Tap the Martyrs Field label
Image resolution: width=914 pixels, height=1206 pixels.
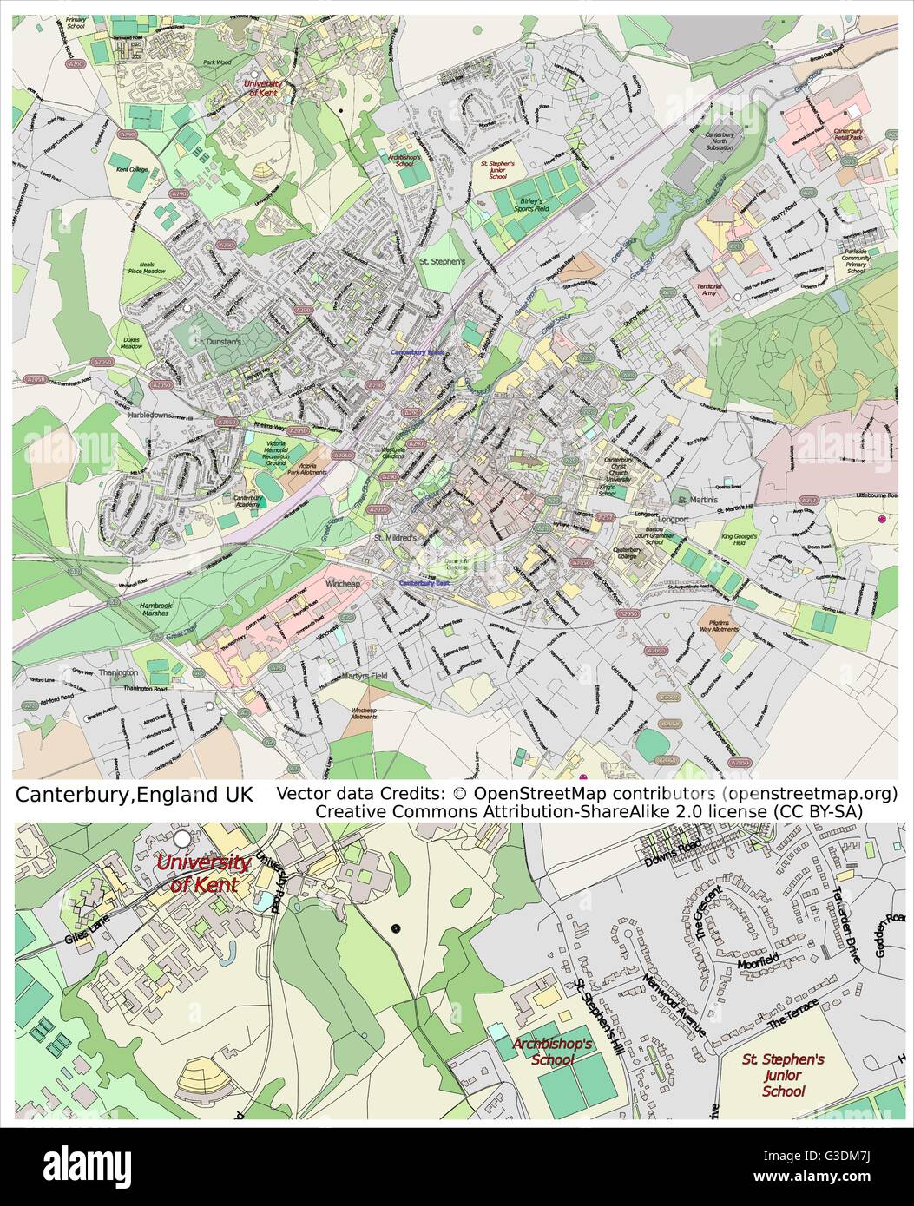pos(364,676)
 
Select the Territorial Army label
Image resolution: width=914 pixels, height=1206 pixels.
pos(709,289)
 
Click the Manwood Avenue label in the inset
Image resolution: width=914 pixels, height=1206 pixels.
pos(674,1006)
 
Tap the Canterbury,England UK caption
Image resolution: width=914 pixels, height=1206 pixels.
pos(135,795)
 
